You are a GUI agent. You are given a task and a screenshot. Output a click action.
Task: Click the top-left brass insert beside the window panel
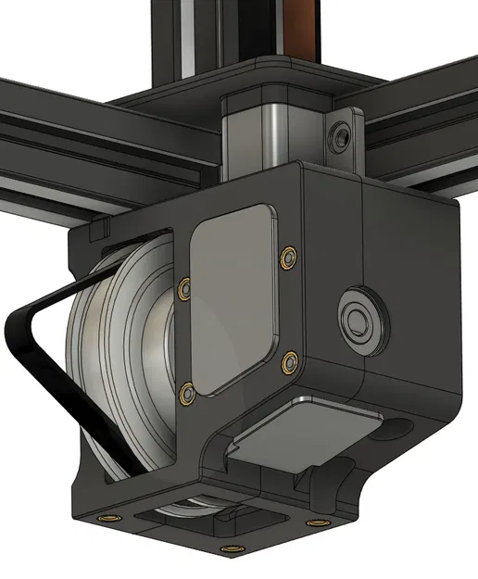point(183,288)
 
